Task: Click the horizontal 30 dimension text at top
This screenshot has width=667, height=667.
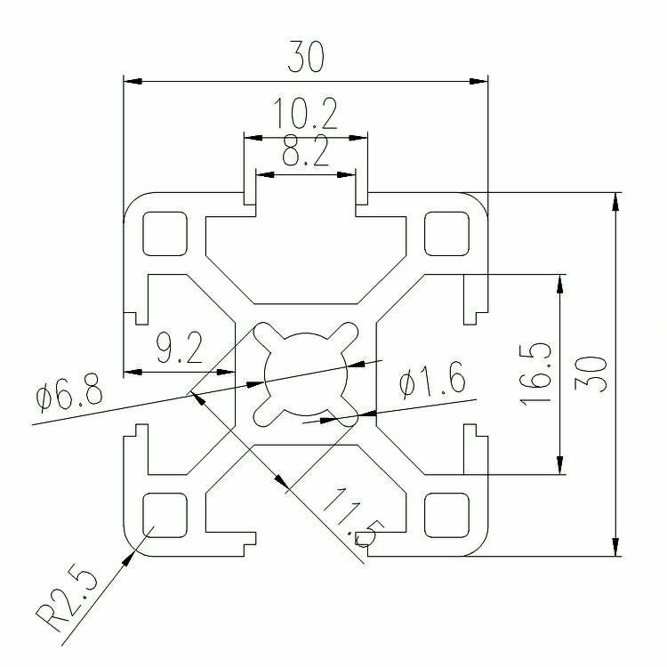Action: [306, 57]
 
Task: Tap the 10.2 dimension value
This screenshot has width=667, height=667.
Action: [305, 113]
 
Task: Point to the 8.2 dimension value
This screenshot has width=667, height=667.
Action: [306, 150]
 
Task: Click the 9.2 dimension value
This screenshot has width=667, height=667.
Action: [180, 348]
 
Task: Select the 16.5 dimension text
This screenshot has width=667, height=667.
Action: [535, 374]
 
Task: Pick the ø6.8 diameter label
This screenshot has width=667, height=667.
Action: [69, 392]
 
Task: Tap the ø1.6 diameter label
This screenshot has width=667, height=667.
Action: [432, 379]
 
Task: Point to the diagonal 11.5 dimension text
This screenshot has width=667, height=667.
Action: [354, 518]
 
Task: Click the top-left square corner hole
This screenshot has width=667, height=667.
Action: [165, 234]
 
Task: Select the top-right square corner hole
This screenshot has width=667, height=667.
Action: [446, 234]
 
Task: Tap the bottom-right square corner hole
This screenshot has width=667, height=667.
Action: [446, 515]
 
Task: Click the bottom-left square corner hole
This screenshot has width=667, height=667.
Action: [165, 515]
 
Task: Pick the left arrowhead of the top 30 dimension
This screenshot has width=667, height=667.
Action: [133, 81]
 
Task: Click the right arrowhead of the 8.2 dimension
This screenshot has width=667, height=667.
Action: [346, 174]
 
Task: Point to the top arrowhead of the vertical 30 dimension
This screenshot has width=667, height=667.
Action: [615, 202]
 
